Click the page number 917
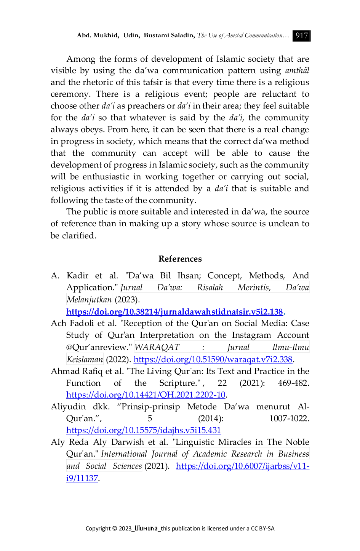coord(301,36)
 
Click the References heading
coord(180,259)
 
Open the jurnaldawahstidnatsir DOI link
coord(174,311)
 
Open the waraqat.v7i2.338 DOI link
coord(213,359)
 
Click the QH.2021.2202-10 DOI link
coord(146,395)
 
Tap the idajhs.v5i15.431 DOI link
coord(144,430)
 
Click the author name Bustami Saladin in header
coord(169,35)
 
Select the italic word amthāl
coord(297,70)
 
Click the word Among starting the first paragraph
coord(81,59)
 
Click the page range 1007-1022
coord(289,418)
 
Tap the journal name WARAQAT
coord(157,347)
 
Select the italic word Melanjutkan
coord(89,300)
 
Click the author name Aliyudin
coord(68,407)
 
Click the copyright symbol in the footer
coord(114,529)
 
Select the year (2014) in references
coord(211,418)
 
